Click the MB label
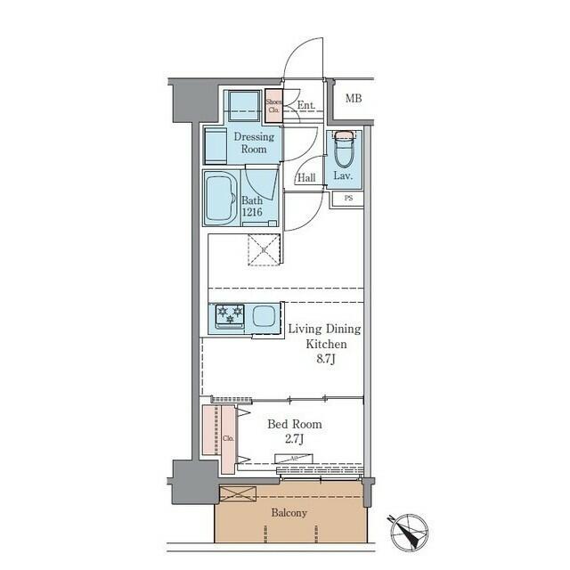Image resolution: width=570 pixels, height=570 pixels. pyautogui.click(x=354, y=98)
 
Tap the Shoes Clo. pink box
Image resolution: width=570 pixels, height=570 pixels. pyautogui.click(x=273, y=106)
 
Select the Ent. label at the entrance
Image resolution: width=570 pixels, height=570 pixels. pyautogui.click(x=305, y=106)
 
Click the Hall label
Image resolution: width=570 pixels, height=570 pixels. pyautogui.click(x=306, y=177)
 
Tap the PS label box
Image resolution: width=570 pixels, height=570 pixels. pyautogui.click(x=347, y=199)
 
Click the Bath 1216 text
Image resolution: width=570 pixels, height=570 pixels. pyautogui.click(x=252, y=207)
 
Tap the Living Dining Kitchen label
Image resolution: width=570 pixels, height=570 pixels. pyautogui.click(x=324, y=336)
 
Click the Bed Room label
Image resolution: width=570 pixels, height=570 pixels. pyautogui.click(x=295, y=424)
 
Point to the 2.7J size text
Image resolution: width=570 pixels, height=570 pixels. pyautogui.click(x=295, y=440)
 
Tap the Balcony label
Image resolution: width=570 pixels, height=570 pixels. pyautogui.click(x=289, y=513)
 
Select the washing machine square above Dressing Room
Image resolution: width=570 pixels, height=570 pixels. pyautogui.click(x=240, y=107)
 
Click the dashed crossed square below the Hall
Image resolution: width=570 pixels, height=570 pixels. pyautogui.click(x=265, y=248)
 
